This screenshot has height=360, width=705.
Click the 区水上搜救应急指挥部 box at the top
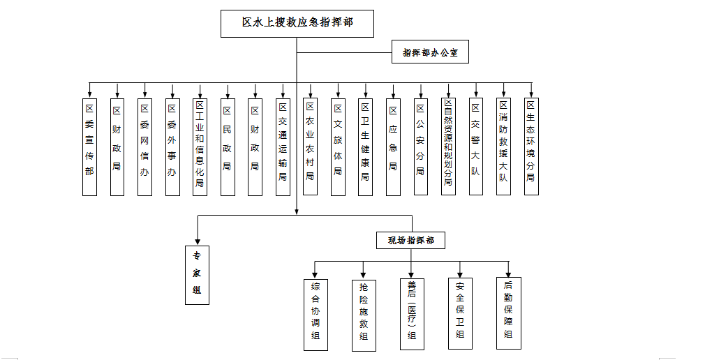(297, 23)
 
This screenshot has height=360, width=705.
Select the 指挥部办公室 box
(430, 53)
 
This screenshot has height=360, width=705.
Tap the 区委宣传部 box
(89, 147)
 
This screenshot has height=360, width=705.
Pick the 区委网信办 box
(144, 147)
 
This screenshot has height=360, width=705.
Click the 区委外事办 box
(172, 147)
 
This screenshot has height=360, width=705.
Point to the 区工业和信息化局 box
(200, 147)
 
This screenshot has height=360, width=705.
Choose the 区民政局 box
(227, 147)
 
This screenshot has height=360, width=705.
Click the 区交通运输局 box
(283, 147)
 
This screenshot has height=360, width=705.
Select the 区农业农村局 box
(311, 147)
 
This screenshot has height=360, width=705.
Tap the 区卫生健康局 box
(365, 147)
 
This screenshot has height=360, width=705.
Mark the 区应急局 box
(393, 147)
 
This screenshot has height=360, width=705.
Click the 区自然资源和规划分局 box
(448, 147)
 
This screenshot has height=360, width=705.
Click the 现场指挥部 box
(411, 241)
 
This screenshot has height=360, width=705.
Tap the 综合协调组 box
(316, 314)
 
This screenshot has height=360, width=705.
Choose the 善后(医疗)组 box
(412, 314)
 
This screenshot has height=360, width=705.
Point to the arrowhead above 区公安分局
(420, 93)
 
